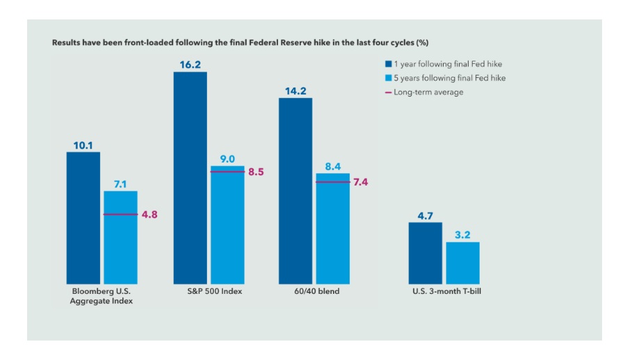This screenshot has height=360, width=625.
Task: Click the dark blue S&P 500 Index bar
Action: click(x=190, y=178)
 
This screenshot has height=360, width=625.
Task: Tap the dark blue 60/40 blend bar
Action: click(x=295, y=191)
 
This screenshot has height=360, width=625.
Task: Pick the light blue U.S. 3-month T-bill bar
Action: click(x=462, y=263)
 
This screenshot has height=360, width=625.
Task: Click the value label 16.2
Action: click(x=190, y=63)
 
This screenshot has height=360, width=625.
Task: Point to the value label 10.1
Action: click(x=83, y=145)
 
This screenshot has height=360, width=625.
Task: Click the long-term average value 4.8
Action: click(x=149, y=215)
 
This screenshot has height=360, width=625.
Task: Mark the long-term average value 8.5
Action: click(x=257, y=171)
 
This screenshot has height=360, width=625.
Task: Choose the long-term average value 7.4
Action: click(x=360, y=182)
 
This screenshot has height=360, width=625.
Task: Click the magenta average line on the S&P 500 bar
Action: click(x=227, y=171)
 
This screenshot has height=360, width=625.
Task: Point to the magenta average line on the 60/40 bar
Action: click(x=333, y=182)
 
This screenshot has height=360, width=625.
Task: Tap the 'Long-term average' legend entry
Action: click(x=424, y=92)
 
